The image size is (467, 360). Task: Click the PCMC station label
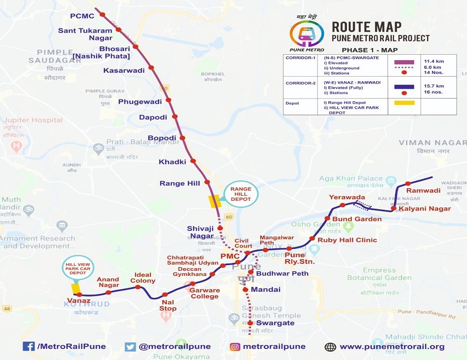point(82,16)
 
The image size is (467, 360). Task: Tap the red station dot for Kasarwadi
point(151,68)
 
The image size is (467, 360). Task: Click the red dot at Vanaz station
point(80,295)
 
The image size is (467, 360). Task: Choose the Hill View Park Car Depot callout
point(78,268)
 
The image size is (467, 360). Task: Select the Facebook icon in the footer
point(28,346)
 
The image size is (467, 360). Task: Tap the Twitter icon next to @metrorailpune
point(130,346)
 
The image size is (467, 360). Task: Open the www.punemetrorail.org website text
point(392,346)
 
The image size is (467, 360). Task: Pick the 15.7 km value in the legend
point(434,86)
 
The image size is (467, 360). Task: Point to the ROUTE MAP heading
point(367,27)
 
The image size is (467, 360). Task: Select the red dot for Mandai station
point(246,289)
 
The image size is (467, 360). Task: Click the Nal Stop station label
point(168,305)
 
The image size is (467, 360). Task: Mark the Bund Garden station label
point(357,219)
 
